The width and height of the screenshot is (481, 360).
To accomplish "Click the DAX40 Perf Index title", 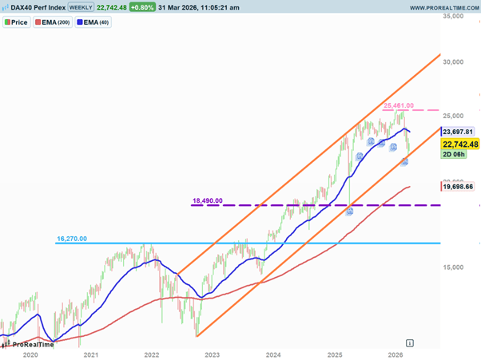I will (34, 7).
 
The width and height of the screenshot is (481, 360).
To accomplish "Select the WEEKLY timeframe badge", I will (80, 7).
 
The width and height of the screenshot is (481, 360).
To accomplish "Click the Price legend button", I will (16, 22).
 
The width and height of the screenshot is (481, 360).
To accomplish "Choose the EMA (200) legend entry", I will (52, 22).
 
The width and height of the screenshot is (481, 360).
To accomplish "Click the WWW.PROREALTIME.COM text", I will (444, 7).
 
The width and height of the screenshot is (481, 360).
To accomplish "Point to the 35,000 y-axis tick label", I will (455, 16).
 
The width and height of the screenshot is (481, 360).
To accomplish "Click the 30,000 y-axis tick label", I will (455, 61).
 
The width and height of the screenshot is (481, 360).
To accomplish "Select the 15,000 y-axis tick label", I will (455, 268).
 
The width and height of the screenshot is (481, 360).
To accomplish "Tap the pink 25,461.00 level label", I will (398, 105).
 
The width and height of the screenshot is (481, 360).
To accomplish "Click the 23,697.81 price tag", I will (459, 131).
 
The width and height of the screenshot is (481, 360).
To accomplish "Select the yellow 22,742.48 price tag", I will (459, 144).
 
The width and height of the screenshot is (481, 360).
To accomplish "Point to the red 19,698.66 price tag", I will (459, 186).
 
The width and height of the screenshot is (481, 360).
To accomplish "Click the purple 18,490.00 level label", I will (207, 200).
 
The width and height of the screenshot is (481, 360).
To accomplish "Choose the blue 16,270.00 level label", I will (71, 238).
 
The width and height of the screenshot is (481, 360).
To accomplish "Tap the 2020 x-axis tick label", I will (30, 354).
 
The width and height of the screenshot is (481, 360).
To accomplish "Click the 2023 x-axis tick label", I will (213, 354).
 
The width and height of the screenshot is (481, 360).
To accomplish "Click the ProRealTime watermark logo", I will (30, 344).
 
